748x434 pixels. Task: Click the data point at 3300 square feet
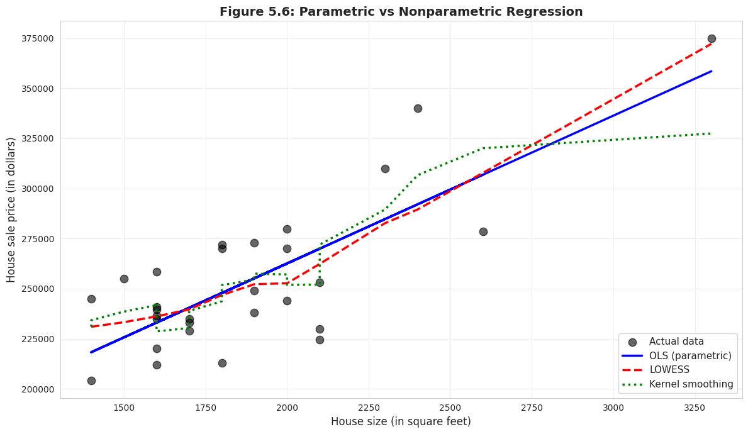tap(712, 38)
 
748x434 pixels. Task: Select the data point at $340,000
tap(418, 108)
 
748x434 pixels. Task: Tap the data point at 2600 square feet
tap(483, 231)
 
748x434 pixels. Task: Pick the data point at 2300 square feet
tap(385, 169)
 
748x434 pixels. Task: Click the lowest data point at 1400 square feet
tap(91, 381)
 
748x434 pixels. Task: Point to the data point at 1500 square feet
tap(124, 279)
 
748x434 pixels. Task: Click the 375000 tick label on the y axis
tap(37, 38)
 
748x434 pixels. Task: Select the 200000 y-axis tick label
tap(37, 389)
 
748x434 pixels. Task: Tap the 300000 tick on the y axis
tap(37, 189)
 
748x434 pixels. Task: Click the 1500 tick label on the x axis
tap(124, 407)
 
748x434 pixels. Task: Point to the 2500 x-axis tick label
tap(450, 407)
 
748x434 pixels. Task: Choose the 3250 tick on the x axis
tap(695, 407)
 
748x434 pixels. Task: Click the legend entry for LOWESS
tap(669, 370)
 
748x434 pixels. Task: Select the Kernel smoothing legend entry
tap(691, 384)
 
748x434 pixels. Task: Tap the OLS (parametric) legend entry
tap(690, 356)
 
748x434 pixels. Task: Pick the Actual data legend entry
tap(676, 342)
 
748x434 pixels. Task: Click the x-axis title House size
tap(401, 421)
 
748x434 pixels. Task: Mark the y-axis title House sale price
tap(11, 210)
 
